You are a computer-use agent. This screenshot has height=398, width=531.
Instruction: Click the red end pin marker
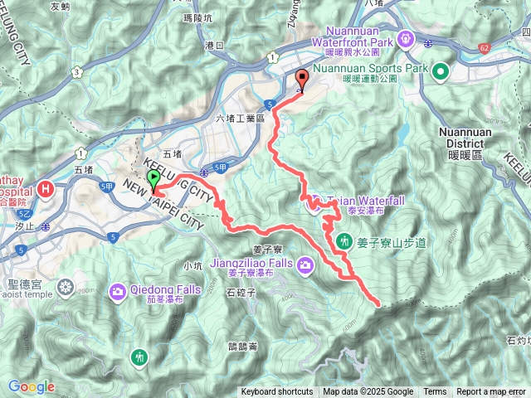click(300, 80)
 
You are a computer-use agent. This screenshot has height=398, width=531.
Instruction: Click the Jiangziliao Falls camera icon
click(305, 265)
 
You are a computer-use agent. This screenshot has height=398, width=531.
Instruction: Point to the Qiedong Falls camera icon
click(115, 291)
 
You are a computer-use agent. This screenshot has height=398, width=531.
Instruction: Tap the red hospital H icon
click(47, 189)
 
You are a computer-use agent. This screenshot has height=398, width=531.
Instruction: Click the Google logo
click(32, 386)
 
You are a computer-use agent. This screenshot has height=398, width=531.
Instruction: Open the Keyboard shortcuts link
click(277, 392)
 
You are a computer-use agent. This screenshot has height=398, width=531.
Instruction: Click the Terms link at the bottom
click(435, 392)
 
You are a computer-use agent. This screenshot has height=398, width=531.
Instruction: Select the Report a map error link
click(492, 392)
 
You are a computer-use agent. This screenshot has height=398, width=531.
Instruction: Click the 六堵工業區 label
click(239, 119)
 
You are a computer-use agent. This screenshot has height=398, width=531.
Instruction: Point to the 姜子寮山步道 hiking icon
click(345, 241)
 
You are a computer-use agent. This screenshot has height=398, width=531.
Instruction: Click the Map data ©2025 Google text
click(368, 392)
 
